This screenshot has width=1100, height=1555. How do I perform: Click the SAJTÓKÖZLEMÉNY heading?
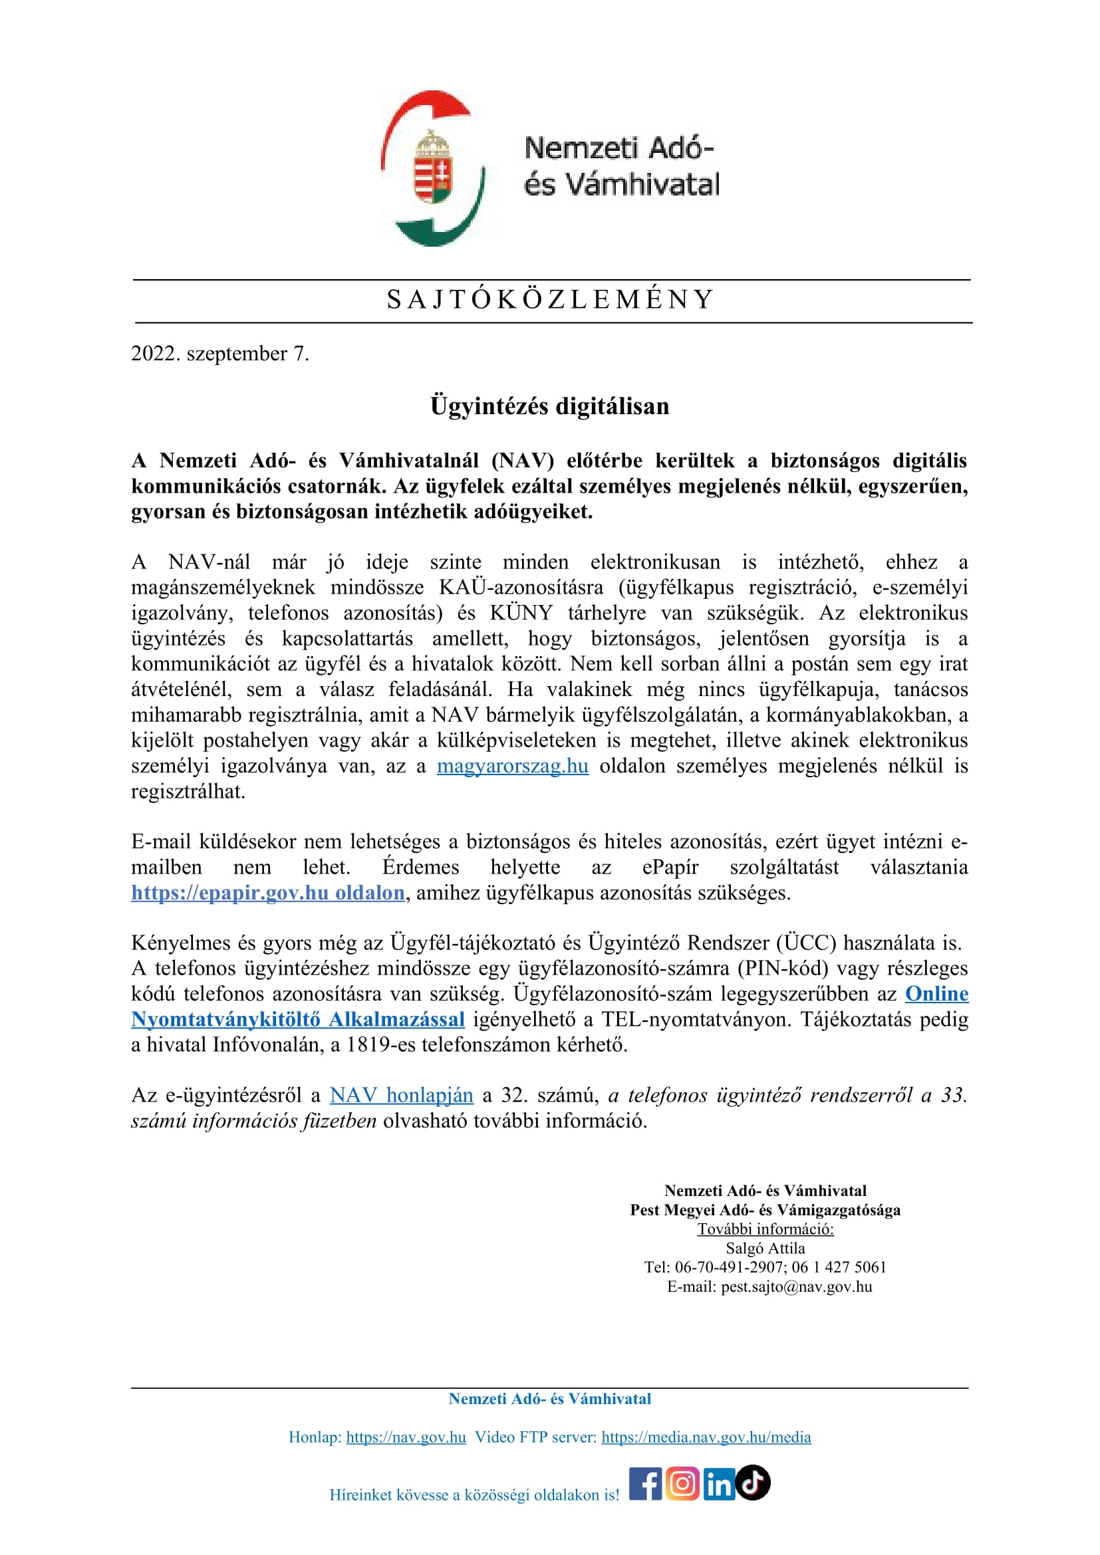(x=550, y=299)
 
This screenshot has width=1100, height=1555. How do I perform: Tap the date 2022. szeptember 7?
(x=220, y=354)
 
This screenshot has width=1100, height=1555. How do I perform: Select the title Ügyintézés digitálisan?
(x=550, y=406)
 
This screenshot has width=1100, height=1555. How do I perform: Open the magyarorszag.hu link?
(x=512, y=766)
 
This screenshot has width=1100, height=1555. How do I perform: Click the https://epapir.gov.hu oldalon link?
(x=268, y=893)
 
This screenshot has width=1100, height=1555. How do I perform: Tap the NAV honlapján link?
(x=401, y=1095)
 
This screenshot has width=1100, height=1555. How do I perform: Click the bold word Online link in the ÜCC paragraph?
(x=937, y=993)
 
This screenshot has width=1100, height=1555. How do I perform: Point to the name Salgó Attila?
(x=765, y=1249)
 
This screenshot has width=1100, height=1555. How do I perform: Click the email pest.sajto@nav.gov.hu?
(x=796, y=1287)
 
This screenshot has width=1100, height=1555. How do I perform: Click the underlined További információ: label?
(x=765, y=1229)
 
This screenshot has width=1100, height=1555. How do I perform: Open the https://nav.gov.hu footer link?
(x=406, y=1437)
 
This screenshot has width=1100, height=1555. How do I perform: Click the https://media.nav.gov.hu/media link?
(x=706, y=1437)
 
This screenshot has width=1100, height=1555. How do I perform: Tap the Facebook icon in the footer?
(x=646, y=1483)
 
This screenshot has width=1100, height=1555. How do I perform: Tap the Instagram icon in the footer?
(x=682, y=1483)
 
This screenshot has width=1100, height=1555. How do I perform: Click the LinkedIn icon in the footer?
(x=718, y=1484)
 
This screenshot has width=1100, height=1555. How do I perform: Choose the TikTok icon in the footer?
(x=753, y=1483)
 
